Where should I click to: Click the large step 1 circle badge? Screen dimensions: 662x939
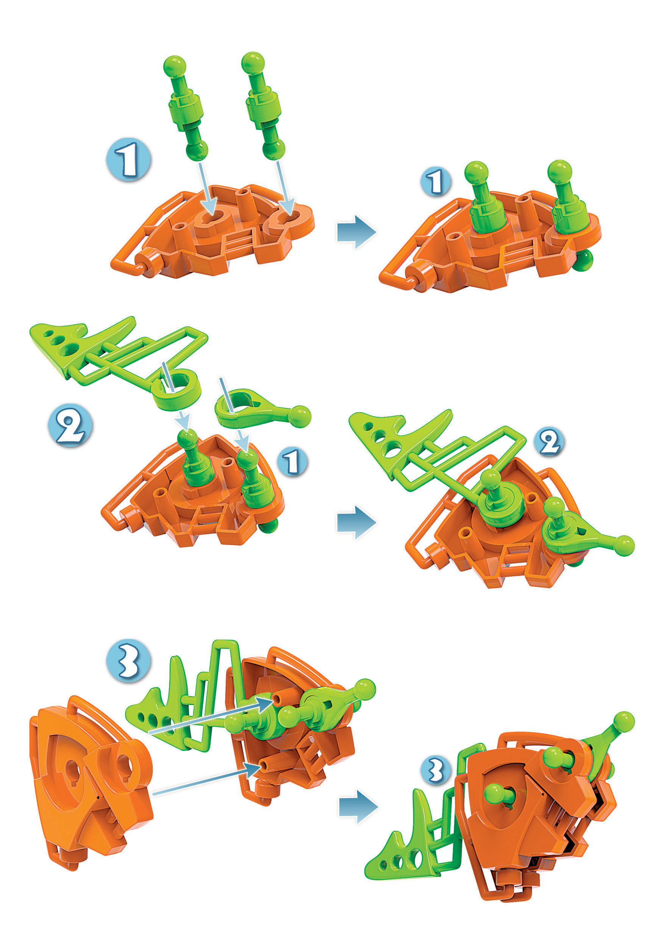(x=128, y=159)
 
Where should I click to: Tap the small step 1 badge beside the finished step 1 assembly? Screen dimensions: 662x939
(x=436, y=182)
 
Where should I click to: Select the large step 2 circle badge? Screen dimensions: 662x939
(x=70, y=425)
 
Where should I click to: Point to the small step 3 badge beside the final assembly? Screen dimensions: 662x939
(x=436, y=770)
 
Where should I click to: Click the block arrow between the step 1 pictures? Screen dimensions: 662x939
(x=356, y=231)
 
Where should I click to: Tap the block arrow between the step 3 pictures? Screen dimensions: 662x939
(x=358, y=807)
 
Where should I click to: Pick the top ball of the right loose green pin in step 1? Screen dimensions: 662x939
(x=253, y=63)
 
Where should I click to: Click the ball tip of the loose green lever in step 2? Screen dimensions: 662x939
(x=300, y=417)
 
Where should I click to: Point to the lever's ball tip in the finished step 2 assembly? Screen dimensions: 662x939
(x=623, y=546)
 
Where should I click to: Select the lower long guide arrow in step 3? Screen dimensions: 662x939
(x=207, y=779)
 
